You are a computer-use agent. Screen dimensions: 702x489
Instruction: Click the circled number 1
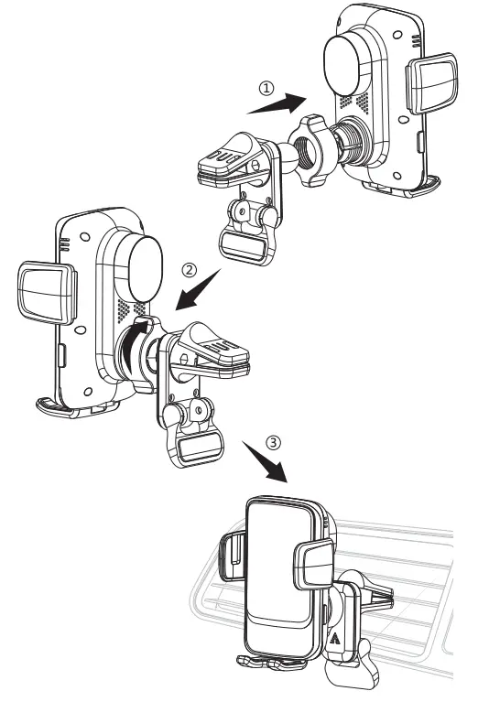(x=266, y=89)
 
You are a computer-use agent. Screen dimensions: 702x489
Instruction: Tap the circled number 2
(x=190, y=270)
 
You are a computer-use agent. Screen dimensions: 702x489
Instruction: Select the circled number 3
(x=273, y=441)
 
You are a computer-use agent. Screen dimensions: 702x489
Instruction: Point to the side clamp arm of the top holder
(x=432, y=83)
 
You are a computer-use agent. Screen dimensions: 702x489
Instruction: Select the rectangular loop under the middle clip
(x=196, y=448)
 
